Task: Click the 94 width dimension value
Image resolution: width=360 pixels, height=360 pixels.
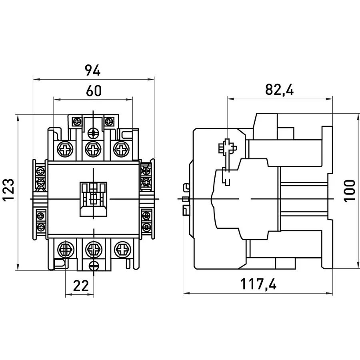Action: coord(93,70)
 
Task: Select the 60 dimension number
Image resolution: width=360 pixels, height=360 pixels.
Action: coord(94,91)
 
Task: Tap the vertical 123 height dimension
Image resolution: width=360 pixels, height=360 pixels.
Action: coord(9,190)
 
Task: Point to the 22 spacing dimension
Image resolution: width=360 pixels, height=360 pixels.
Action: coord(80,286)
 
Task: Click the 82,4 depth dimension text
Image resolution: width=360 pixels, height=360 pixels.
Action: coord(279,90)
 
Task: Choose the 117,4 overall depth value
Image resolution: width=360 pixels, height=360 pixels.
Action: coord(258,284)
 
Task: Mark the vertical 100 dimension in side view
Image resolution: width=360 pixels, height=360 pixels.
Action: coord(350,191)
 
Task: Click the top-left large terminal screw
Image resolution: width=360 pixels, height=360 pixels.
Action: coord(65,150)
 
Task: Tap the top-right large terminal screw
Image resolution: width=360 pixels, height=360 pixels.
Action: coord(121,150)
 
